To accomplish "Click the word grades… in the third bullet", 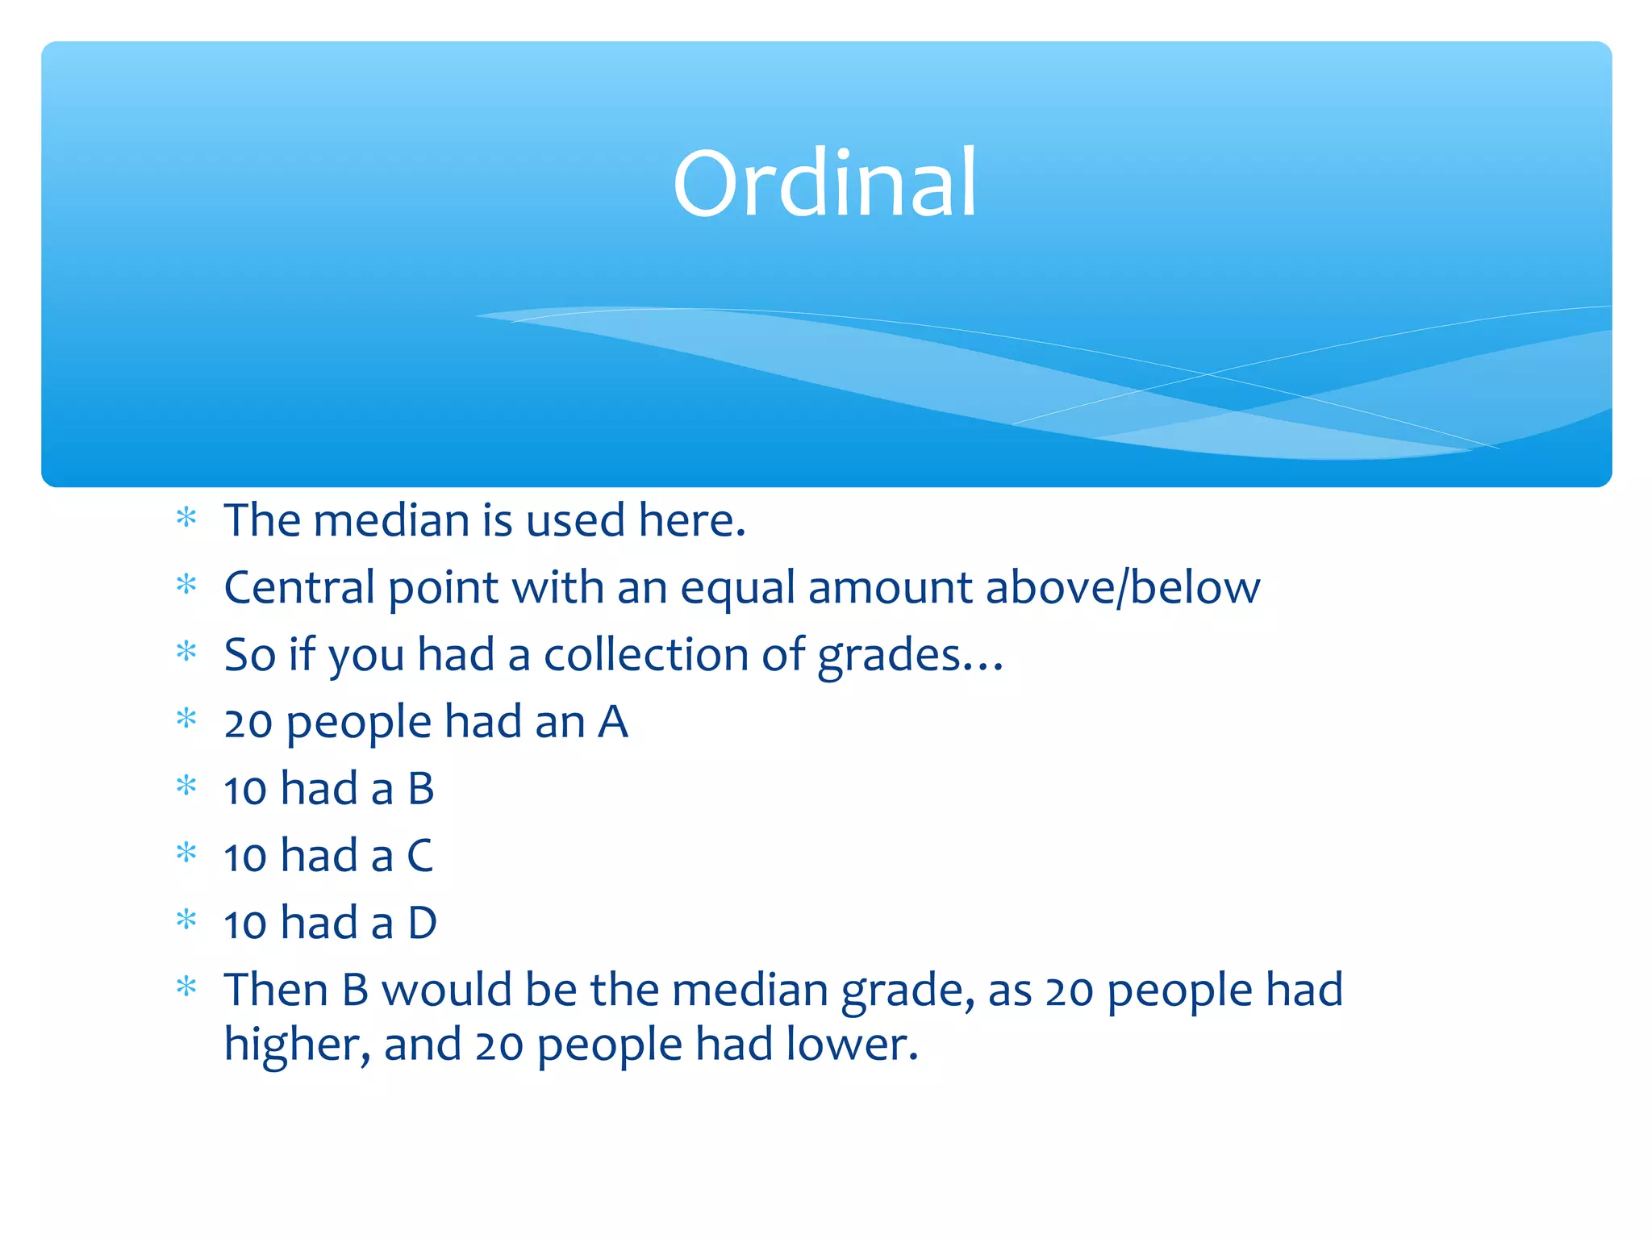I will tap(909, 656).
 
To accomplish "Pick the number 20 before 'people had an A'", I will tap(248, 723).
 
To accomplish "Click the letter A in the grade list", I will tap(612, 721).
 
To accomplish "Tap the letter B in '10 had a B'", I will tap(421, 789).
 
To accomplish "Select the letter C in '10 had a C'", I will tap(420, 856).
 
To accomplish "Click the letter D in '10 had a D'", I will tap(422, 923).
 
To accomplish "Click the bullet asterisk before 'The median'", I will tap(186, 517).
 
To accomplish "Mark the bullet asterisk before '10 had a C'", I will tap(186, 852).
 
